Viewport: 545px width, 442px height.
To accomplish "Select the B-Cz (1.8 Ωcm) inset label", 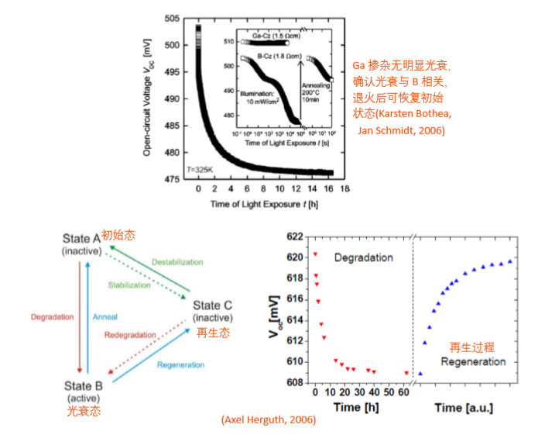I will pos(266,57).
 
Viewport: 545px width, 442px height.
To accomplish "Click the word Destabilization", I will pos(177,262).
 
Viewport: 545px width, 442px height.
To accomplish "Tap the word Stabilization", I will pos(129,285).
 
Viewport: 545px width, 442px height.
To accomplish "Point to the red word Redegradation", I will pos(129,334).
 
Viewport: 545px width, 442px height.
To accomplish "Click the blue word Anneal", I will pos(105,317).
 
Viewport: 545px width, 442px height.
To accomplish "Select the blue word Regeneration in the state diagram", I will pos(180,364).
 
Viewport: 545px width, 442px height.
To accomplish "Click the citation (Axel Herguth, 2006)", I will pos(269,420).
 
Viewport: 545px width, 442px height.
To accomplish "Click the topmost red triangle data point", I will pos(315,254).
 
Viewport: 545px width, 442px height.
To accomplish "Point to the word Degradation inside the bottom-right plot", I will pos(363,257).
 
